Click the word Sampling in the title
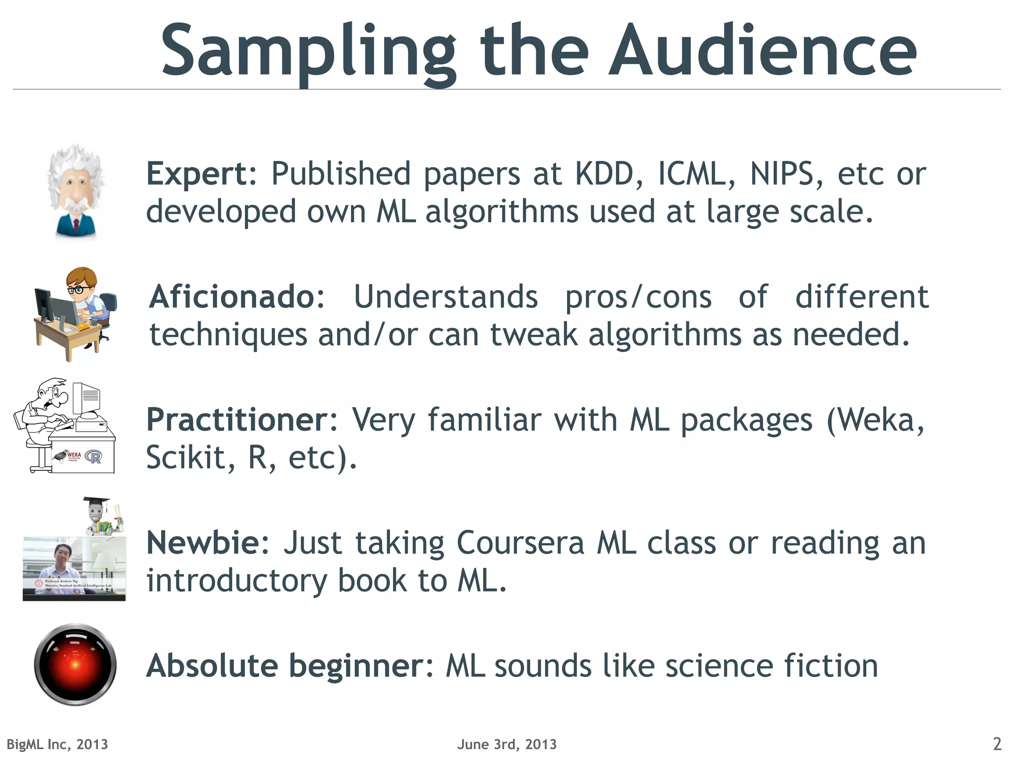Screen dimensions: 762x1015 307,52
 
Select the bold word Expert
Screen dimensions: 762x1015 200,175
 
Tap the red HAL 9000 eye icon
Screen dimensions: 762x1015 75,664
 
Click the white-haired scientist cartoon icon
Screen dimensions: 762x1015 75,191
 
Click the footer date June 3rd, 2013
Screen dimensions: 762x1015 507,744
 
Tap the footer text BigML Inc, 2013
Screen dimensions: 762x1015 57,744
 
